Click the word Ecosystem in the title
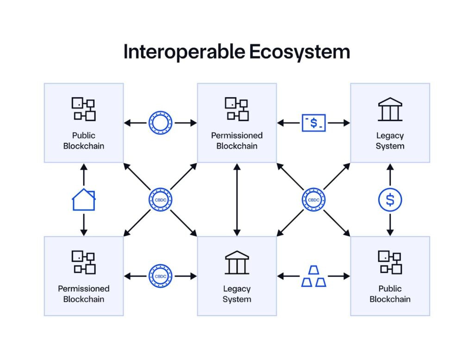[x=299, y=52]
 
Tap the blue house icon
[x=84, y=200]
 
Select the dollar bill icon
[x=314, y=123]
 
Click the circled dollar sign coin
[x=390, y=200]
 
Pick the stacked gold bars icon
[x=314, y=276]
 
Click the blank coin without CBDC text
[x=160, y=123]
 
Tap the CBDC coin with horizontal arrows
[x=160, y=276]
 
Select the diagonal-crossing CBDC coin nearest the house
[x=160, y=200]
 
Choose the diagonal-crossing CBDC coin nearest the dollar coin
[x=313, y=200]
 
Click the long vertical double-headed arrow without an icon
[x=237, y=200]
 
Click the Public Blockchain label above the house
[x=84, y=141]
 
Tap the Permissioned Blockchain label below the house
[x=84, y=294]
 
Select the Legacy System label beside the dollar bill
[x=390, y=141]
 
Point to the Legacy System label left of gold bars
[x=237, y=294]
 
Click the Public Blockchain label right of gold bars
[x=390, y=294]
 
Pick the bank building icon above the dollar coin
[x=390, y=109]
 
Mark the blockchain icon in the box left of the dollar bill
[x=237, y=109]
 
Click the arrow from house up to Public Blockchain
[x=84, y=175]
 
